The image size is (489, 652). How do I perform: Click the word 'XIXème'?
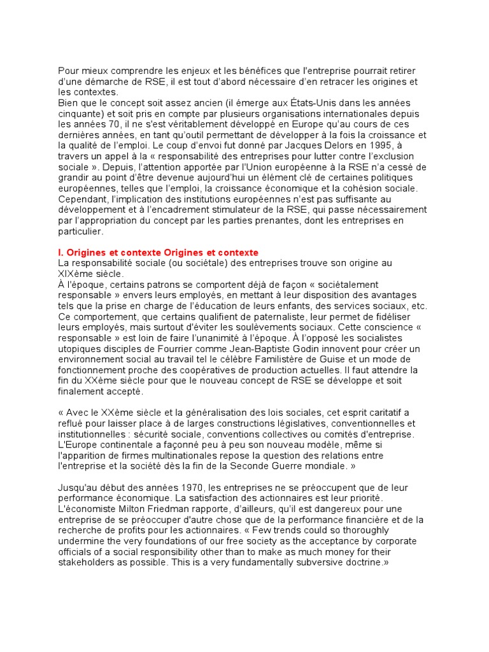point(75,273)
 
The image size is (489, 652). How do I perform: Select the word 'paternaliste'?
point(259,316)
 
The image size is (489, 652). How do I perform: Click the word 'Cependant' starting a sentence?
point(83,200)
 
